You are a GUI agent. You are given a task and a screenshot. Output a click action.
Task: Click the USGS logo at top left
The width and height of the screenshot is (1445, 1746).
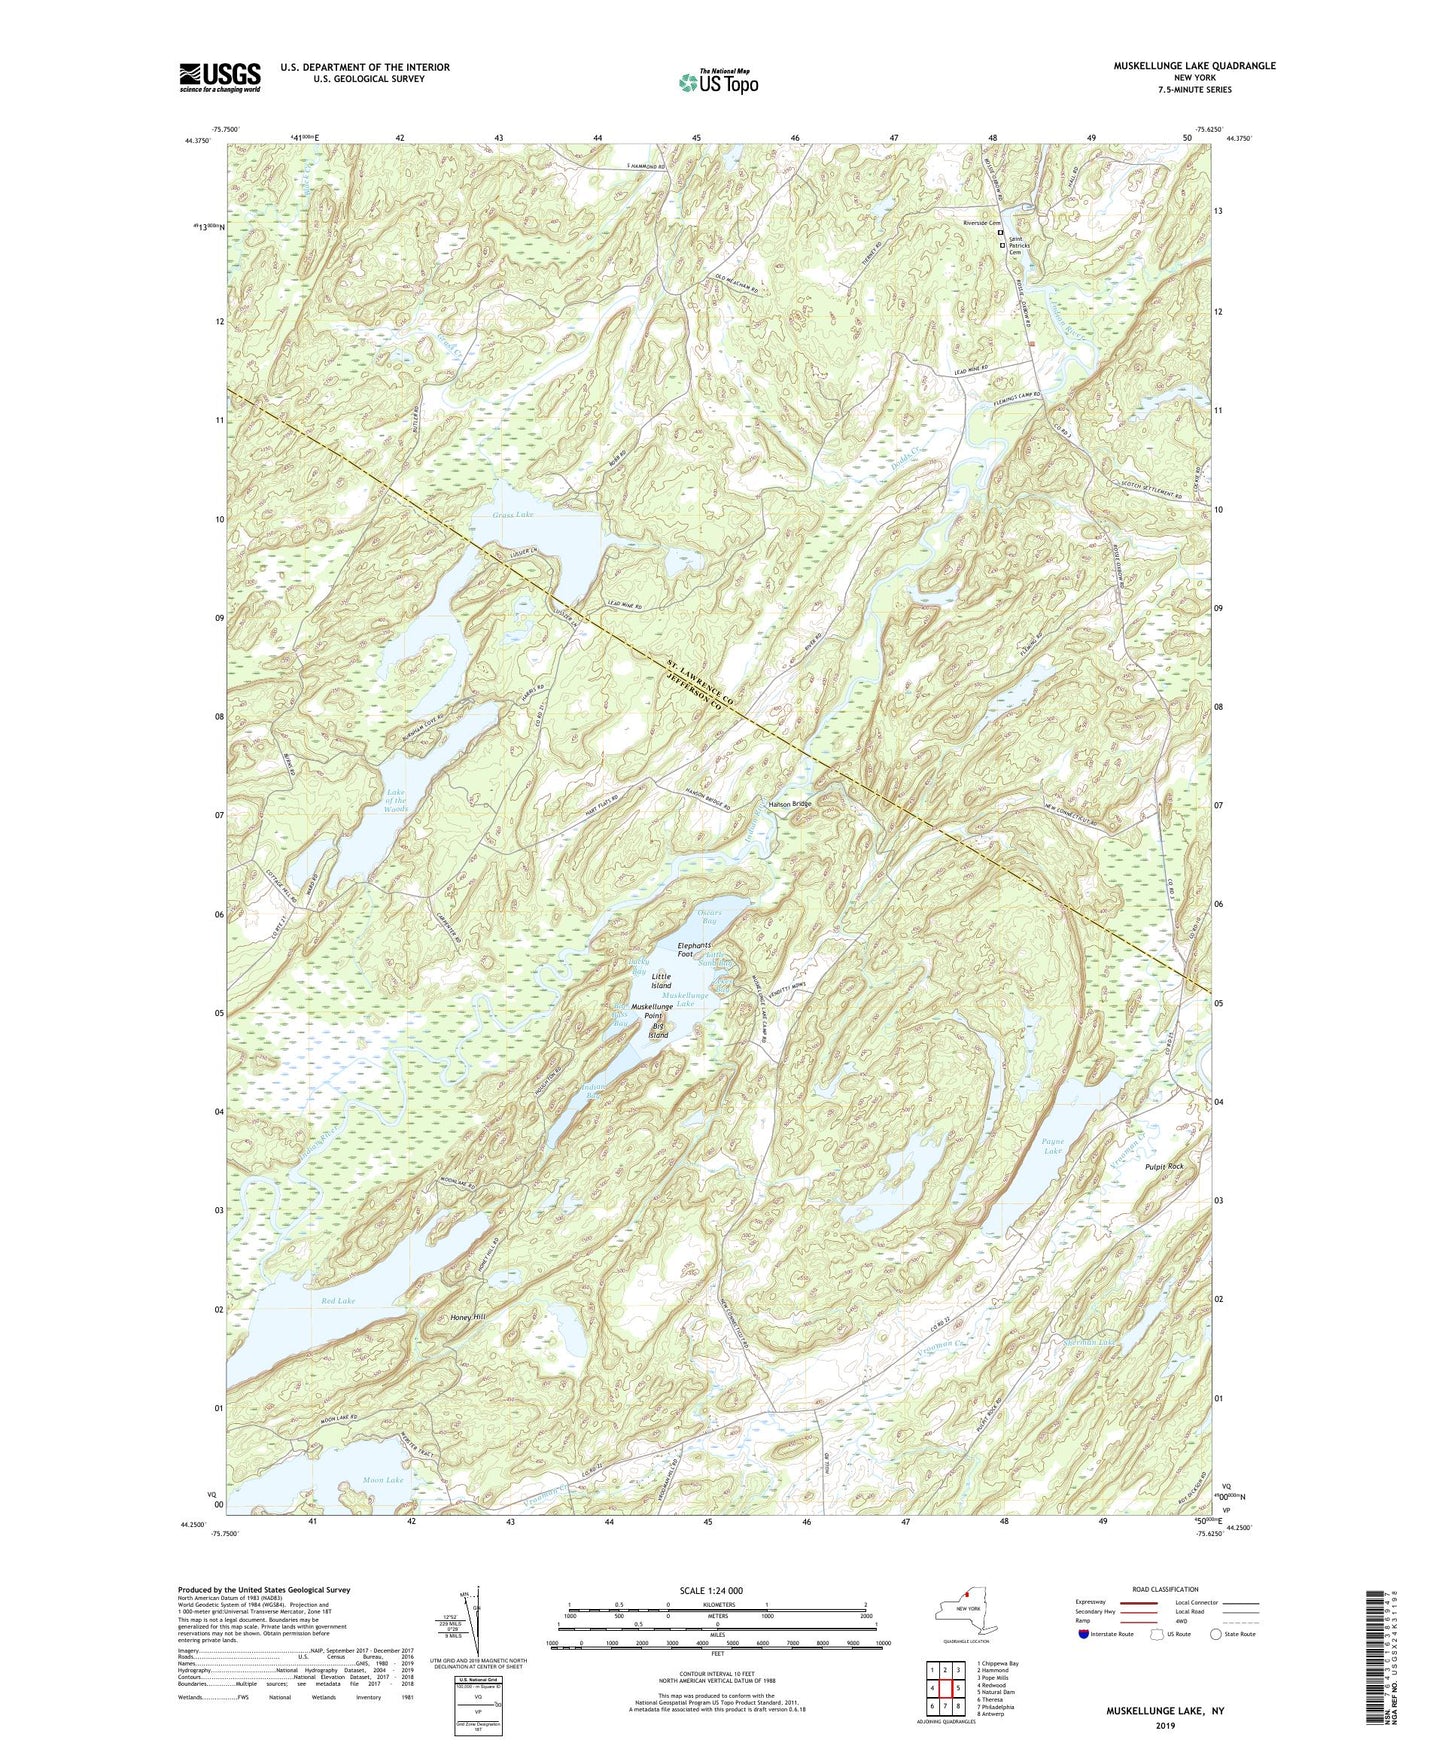220,77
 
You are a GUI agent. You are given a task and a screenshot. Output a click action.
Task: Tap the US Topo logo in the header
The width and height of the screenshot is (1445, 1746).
717,82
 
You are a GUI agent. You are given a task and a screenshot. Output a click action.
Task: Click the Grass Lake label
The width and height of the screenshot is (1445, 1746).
513,515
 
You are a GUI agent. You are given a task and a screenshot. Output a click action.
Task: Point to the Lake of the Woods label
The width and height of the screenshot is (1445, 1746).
396,800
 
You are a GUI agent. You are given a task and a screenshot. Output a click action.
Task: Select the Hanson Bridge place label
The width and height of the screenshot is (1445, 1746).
789,804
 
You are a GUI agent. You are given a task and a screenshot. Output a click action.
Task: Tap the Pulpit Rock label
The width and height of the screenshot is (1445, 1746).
1161,1167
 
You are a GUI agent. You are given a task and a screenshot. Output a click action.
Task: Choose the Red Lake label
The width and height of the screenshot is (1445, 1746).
338,1301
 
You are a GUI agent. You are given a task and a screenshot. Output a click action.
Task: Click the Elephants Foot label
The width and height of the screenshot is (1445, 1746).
694,950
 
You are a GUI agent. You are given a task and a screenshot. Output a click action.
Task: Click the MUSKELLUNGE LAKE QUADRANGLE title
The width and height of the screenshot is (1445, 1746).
1194,66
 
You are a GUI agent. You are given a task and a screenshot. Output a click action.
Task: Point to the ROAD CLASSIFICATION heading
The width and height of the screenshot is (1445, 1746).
1165,1589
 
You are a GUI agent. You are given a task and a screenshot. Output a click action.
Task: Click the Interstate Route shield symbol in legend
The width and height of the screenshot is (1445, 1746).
1084,1634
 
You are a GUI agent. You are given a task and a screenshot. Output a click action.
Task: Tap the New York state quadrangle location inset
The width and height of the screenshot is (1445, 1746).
965,1612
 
